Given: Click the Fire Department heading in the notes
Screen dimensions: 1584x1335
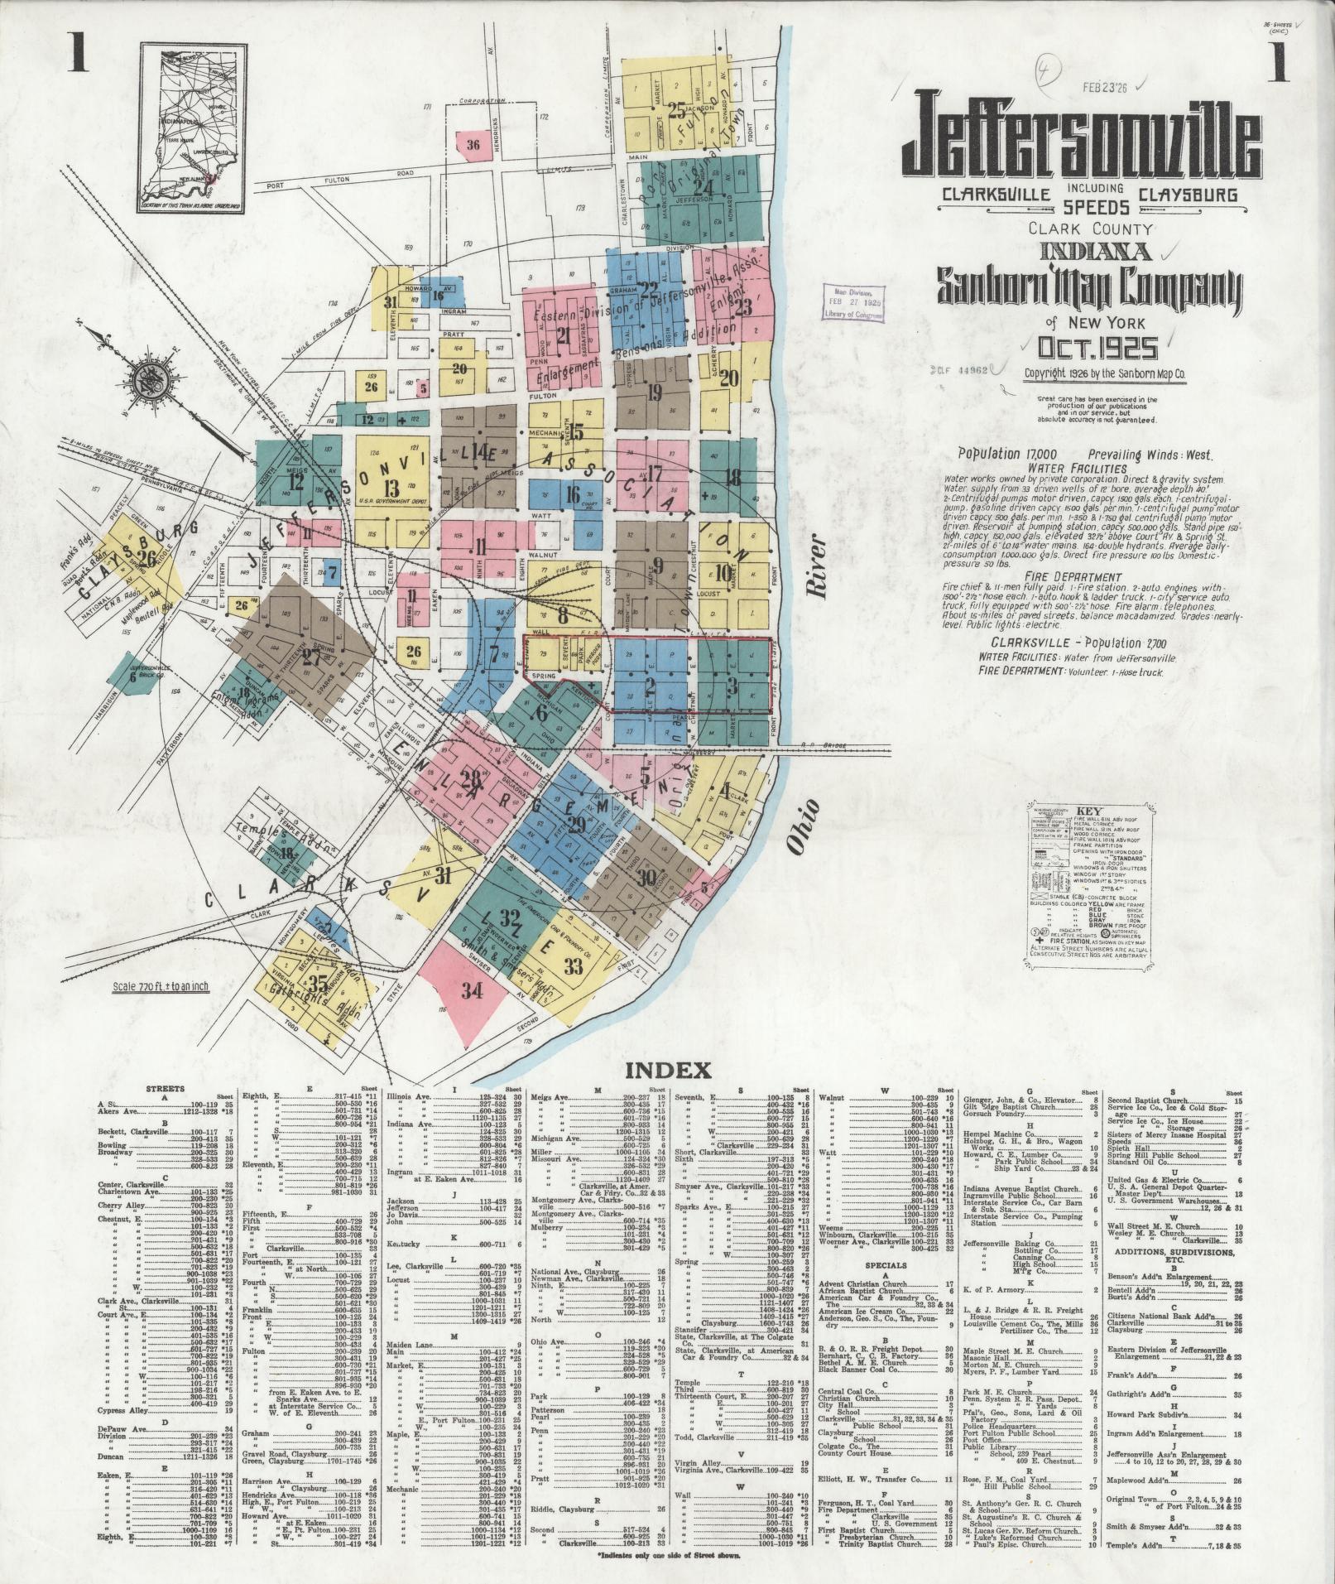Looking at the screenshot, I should (x=1071, y=577).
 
